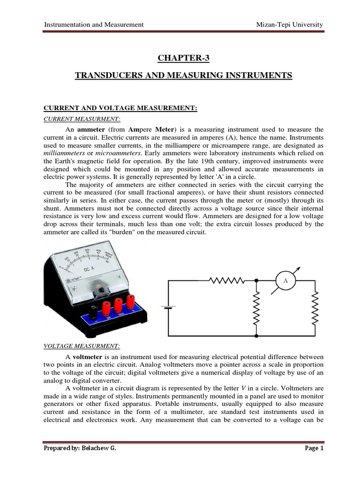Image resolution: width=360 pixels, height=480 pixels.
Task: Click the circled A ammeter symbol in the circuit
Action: [285, 280]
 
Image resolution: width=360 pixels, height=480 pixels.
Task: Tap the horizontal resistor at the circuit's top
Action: [227, 280]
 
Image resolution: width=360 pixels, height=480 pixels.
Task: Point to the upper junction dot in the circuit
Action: [256, 280]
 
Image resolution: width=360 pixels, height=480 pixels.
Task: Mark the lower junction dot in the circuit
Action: [256, 336]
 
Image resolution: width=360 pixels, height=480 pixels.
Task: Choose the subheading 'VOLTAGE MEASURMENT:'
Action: [82, 346]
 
